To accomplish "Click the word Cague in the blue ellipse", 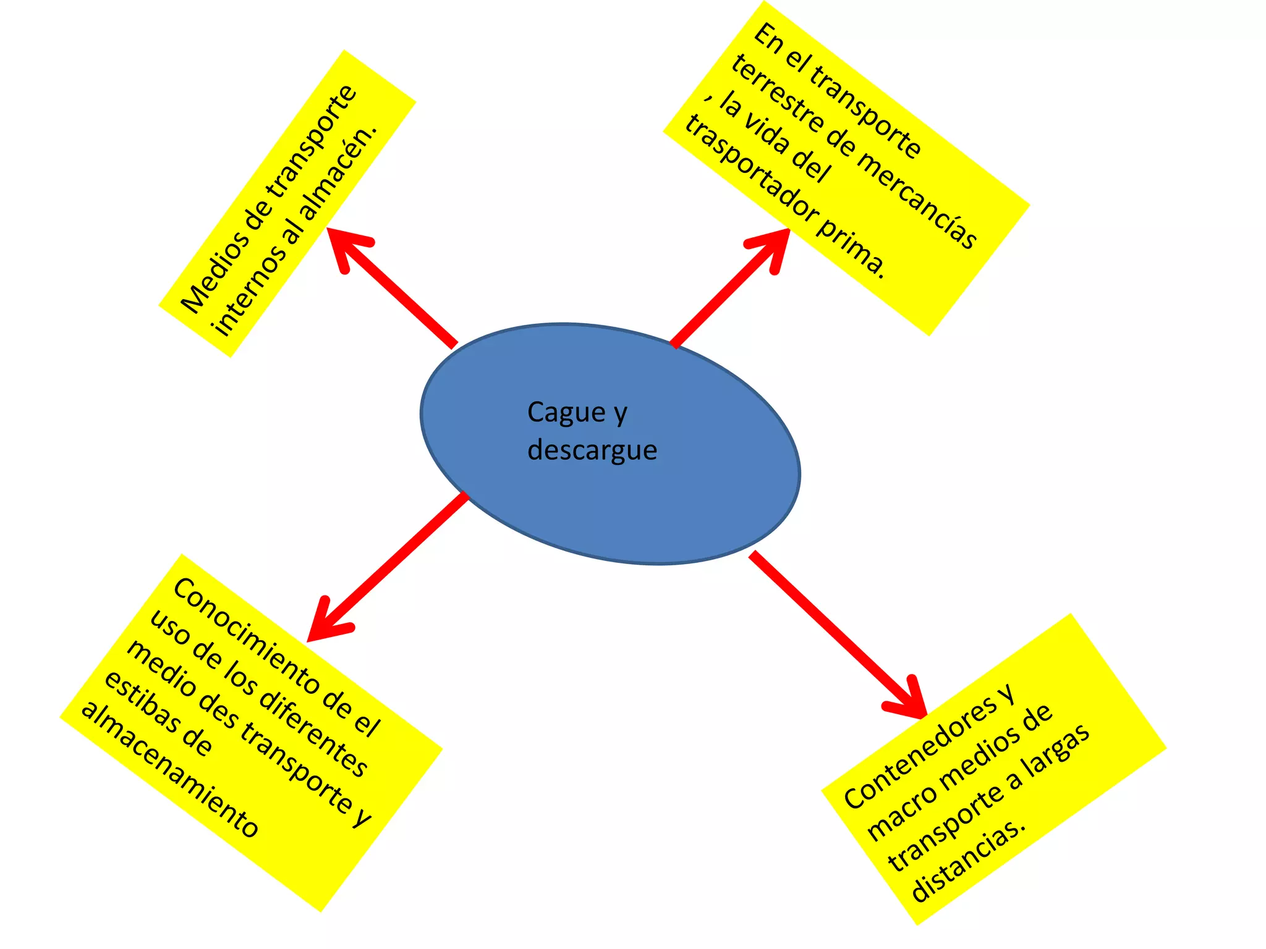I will (566, 413).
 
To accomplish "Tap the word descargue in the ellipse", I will (592, 450).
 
